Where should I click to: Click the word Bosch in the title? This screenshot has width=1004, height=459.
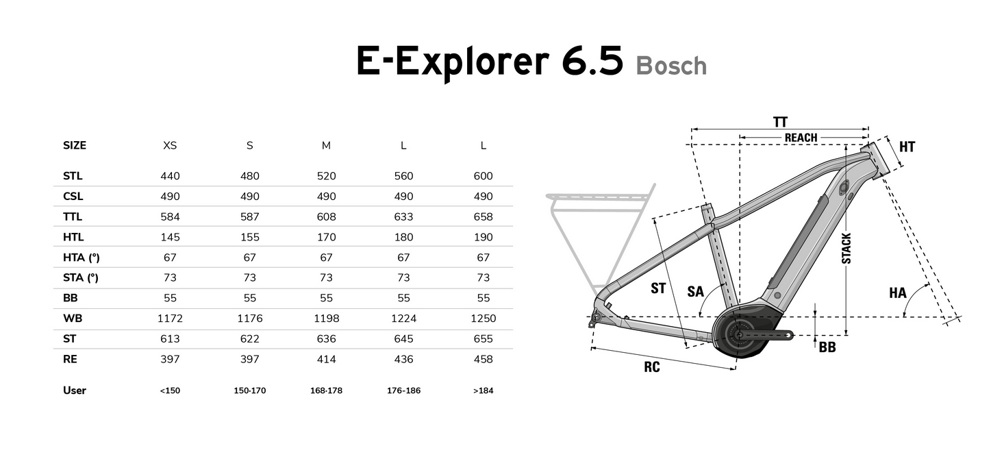pyautogui.click(x=670, y=66)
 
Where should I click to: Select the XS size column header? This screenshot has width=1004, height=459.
pyautogui.click(x=170, y=145)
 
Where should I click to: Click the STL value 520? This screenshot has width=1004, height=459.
pyautogui.click(x=327, y=176)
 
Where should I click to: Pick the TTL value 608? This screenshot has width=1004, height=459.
pyautogui.click(x=327, y=216)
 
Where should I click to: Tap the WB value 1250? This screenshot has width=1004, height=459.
pyautogui.click(x=484, y=319)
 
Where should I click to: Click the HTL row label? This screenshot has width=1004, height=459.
pyautogui.click(x=73, y=237)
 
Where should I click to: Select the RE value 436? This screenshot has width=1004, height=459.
pyautogui.click(x=403, y=359)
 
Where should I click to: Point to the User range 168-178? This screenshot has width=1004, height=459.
pyautogui.click(x=327, y=390)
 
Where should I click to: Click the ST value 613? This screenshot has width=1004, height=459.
pyautogui.click(x=170, y=339)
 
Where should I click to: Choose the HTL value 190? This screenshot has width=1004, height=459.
pyautogui.click(x=484, y=237)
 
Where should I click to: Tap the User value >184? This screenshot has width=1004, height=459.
pyautogui.click(x=484, y=390)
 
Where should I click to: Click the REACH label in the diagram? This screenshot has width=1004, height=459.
pyautogui.click(x=801, y=138)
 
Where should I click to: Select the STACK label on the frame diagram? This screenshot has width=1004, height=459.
pyautogui.click(x=847, y=249)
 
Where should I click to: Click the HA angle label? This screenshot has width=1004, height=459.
pyautogui.click(x=897, y=293)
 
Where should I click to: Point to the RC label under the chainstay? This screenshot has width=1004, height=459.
pyautogui.click(x=651, y=367)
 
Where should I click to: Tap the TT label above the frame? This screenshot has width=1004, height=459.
pyautogui.click(x=780, y=122)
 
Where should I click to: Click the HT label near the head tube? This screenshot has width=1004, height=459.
pyautogui.click(x=907, y=147)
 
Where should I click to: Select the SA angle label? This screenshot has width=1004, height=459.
pyautogui.click(x=695, y=291)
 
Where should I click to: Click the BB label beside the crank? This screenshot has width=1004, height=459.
pyautogui.click(x=827, y=347)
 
